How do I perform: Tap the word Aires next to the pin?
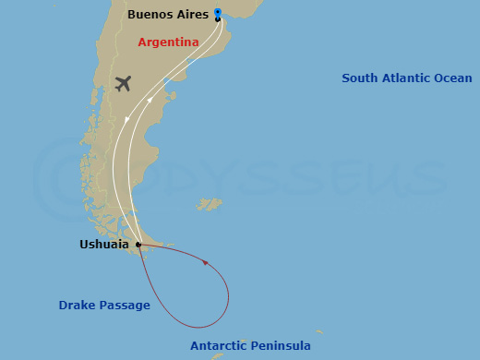tap(191, 15)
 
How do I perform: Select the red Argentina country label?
tap(168, 42)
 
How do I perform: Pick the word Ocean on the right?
tap(453, 78)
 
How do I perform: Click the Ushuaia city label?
tap(104, 245)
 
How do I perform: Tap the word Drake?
tap(77, 305)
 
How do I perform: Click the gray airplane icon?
tap(123, 83)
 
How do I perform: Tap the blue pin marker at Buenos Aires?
tap(217, 12)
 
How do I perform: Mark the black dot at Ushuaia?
tap(138, 245)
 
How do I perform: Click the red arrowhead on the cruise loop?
tap(205, 263)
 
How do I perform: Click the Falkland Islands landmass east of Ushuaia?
tap(212, 203)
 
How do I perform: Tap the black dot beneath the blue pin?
tap(217, 19)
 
